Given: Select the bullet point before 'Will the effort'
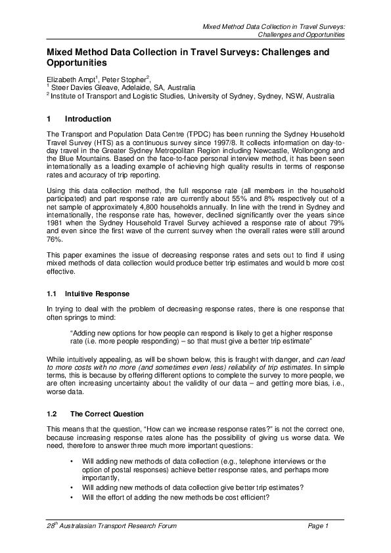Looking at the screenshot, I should tap(71, 496).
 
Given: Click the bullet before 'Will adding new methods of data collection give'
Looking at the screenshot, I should tap(71, 487).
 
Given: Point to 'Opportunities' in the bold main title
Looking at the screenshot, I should tap(76, 63).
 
